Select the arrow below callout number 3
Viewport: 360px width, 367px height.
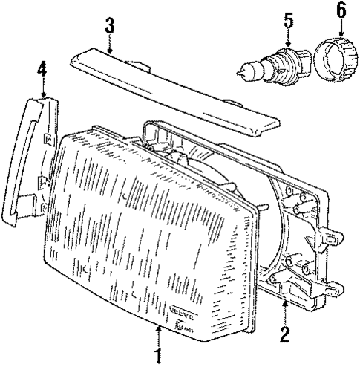pos(110,45)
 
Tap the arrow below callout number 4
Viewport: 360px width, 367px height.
pos(42,88)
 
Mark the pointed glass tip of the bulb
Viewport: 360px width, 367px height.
pos(241,72)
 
